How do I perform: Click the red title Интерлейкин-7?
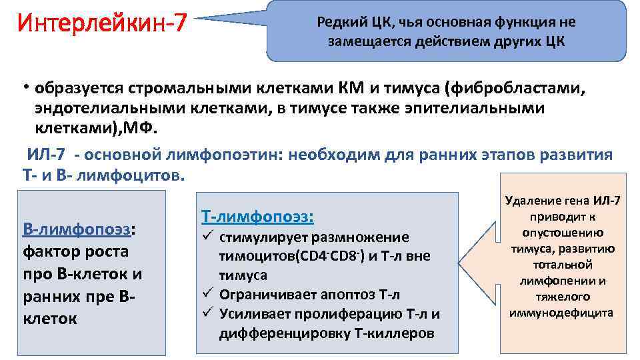pyautogui.click(x=103, y=25)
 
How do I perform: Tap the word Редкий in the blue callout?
pyautogui.click(x=340, y=22)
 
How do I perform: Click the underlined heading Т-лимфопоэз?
pyautogui.click(x=257, y=217)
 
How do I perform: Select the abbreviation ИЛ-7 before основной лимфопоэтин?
pyautogui.click(x=46, y=155)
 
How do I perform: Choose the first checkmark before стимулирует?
pyautogui.click(x=206, y=237)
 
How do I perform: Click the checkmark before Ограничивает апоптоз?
pyautogui.click(x=206, y=294)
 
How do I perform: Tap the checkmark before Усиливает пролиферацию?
pyautogui.click(x=206, y=313)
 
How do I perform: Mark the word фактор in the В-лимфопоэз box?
pyautogui.click(x=49, y=252)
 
